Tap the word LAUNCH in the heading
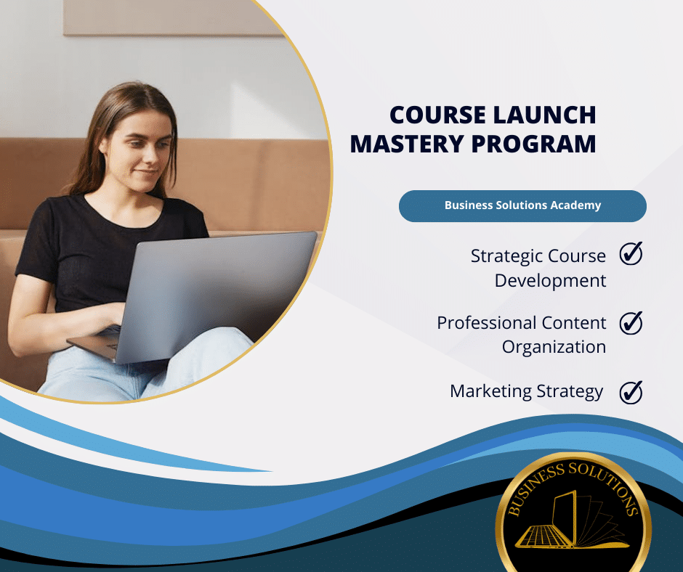[x=544, y=115]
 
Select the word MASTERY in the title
[x=407, y=144]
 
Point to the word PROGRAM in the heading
[x=533, y=144]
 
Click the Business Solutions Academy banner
[x=522, y=206]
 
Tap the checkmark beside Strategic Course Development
[x=631, y=253]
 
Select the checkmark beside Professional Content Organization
[x=631, y=323]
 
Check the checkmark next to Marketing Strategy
[x=631, y=392]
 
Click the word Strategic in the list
[x=506, y=257]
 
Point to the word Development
[x=550, y=281]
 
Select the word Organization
[x=554, y=348]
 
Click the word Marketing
[x=490, y=392]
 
